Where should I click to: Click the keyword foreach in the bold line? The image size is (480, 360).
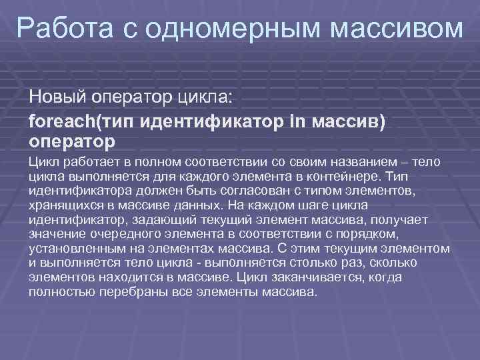(63, 122)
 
